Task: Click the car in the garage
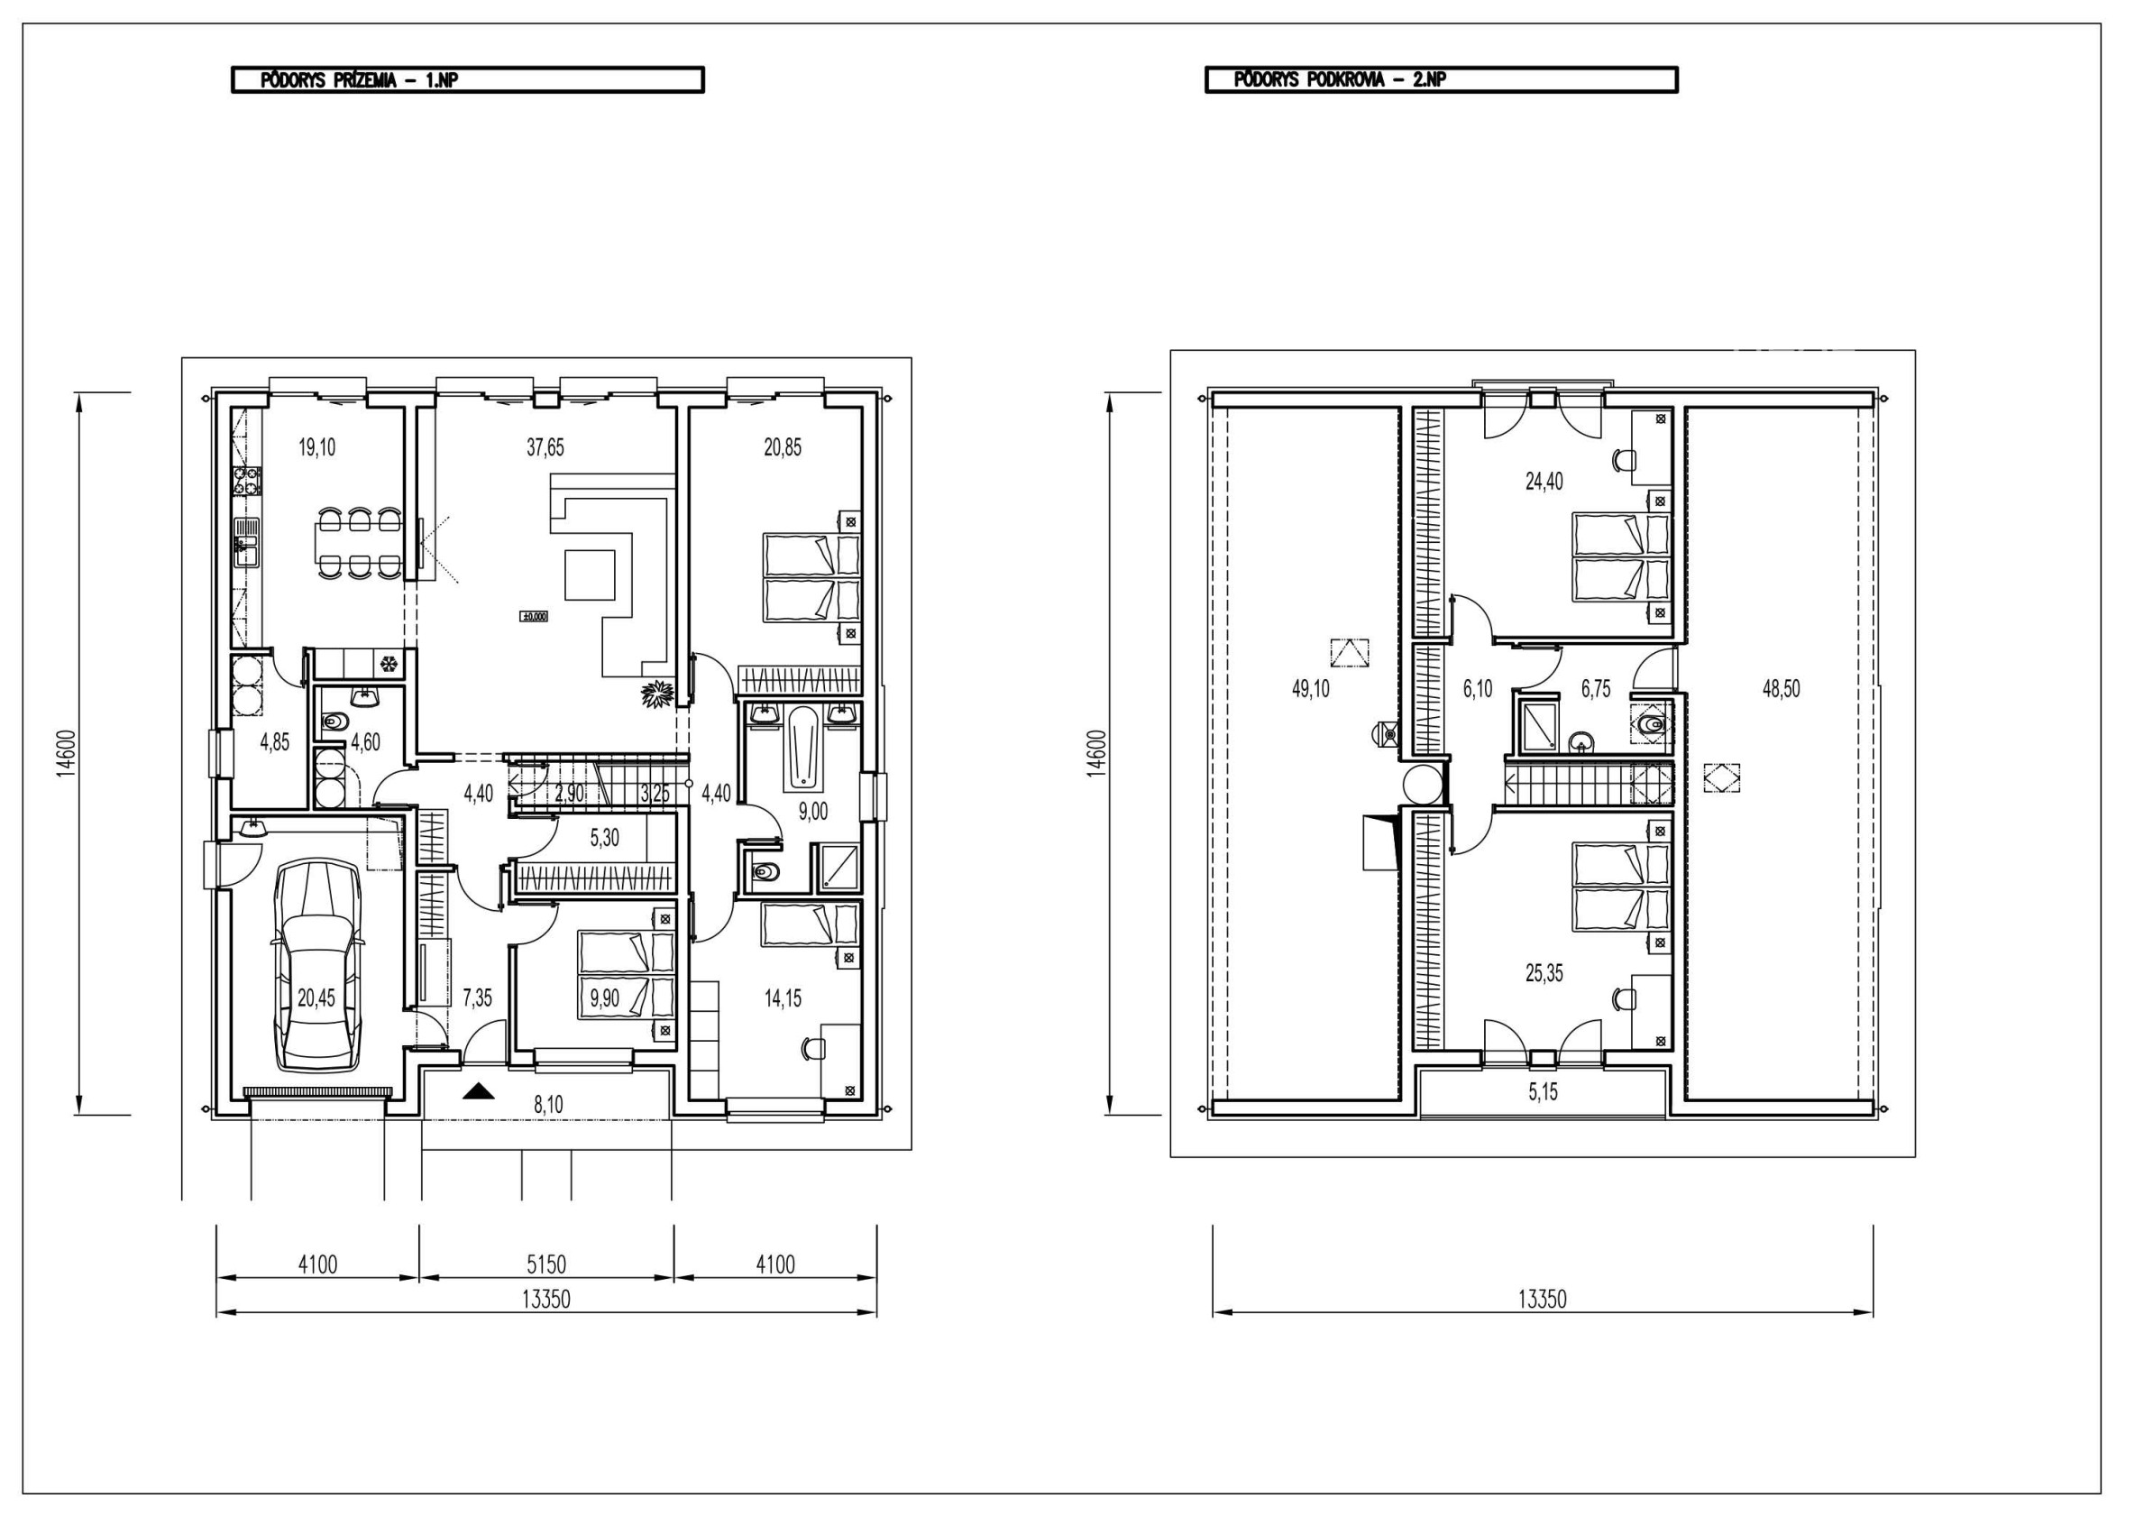pyautogui.click(x=316, y=966)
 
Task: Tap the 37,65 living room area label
pyautogui.click(x=545, y=447)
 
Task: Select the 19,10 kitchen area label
pyautogui.click(x=316, y=447)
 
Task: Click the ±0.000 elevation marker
pyautogui.click(x=534, y=617)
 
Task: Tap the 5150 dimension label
pyautogui.click(x=546, y=1264)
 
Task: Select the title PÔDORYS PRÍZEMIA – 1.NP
pyautogui.click(x=360, y=80)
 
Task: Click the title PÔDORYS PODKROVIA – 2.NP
pyautogui.click(x=1340, y=80)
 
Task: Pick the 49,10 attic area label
pyautogui.click(x=1310, y=689)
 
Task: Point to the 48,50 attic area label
pyautogui.click(x=1781, y=689)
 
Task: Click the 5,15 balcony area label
pyautogui.click(x=1543, y=1092)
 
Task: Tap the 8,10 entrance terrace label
pyautogui.click(x=548, y=1105)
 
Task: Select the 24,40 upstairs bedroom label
pyautogui.click(x=1544, y=482)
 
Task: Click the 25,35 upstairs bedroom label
pyautogui.click(x=1544, y=973)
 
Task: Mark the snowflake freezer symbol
pyautogui.click(x=388, y=665)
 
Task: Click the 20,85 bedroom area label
pyautogui.click(x=783, y=447)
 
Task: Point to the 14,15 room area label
pyautogui.click(x=783, y=998)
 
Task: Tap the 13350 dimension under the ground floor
pyautogui.click(x=546, y=1300)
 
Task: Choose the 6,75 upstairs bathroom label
pyautogui.click(x=1596, y=689)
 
